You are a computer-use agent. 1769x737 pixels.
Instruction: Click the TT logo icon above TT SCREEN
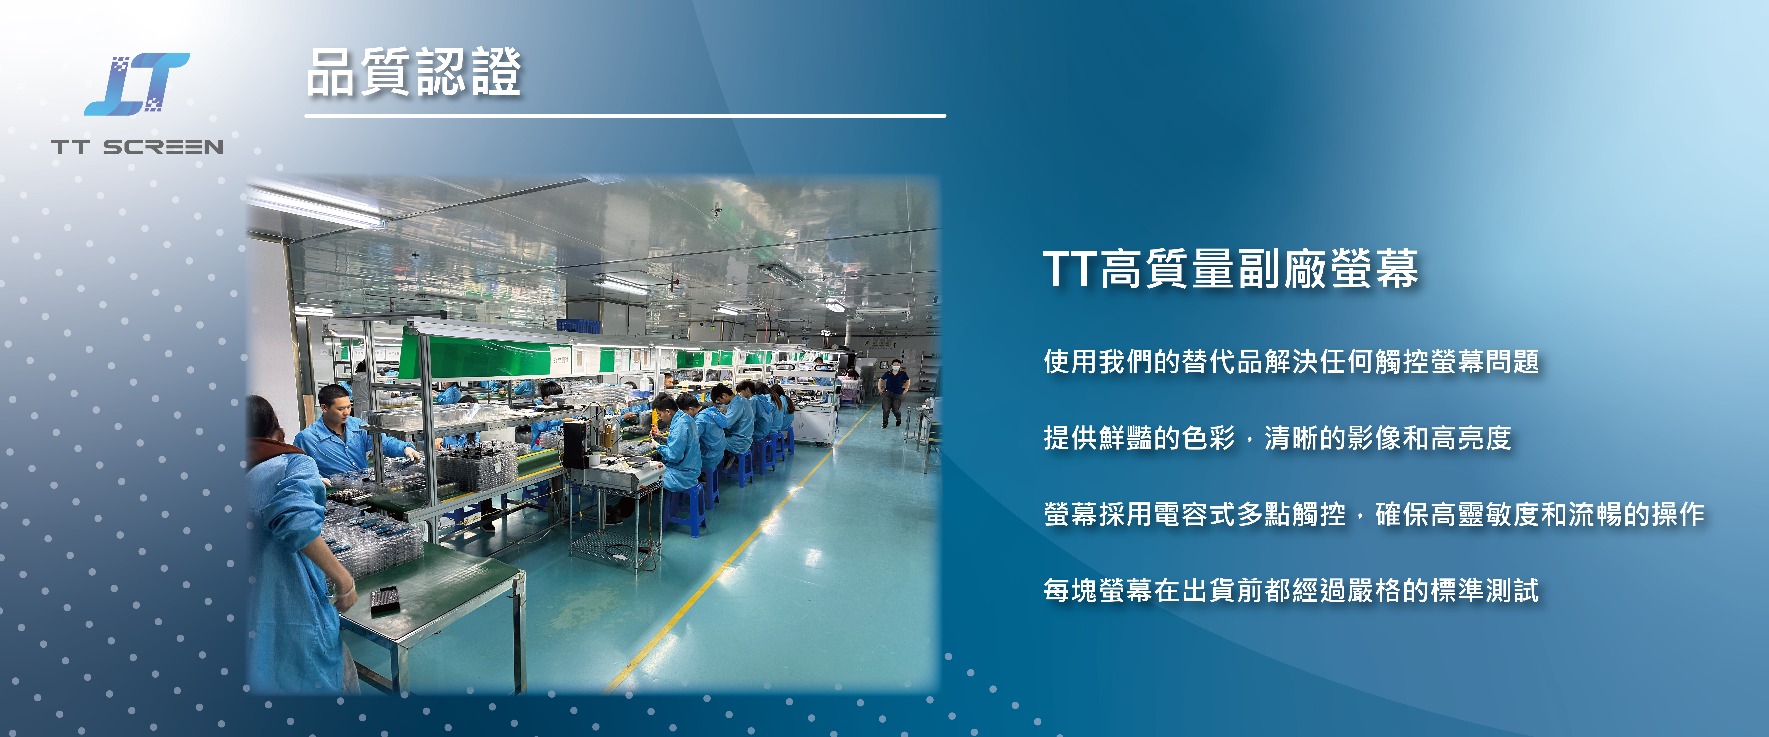point(137,84)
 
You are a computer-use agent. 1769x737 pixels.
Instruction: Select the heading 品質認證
point(414,72)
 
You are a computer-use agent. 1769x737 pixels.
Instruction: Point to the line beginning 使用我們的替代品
point(1291,361)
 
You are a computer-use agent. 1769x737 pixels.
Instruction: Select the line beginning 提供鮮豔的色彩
point(1277,438)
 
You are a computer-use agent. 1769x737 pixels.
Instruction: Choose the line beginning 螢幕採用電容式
point(1373,514)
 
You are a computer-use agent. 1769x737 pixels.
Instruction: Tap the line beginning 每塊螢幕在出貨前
point(1291,590)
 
